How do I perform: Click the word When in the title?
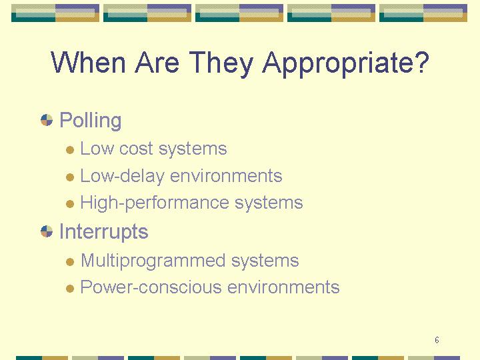tap(88, 62)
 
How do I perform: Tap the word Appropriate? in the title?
tap(346, 64)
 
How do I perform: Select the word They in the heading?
tap(221, 64)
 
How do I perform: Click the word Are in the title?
tap(157, 62)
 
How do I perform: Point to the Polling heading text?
tap(90, 121)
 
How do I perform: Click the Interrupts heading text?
tap(104, 232)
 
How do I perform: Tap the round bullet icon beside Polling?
tap(47, 120)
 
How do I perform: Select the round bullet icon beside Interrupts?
tap(47, 231)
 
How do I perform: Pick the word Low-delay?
tap(123, 177)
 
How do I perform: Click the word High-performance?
tap(155, 203)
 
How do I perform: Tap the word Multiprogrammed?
tap(153, 261)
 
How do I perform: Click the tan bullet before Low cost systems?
tap(70, 150)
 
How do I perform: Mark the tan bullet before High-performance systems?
tap(70, 204)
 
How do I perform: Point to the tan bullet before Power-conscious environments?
tap(70, 289)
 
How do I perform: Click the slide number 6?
tap(437, 340)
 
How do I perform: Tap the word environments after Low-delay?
tap(226, 176)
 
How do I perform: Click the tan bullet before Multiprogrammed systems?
tap(70, 262)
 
